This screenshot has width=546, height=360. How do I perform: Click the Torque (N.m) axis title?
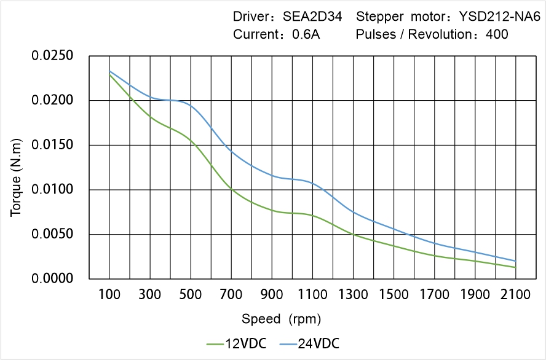(16, 167)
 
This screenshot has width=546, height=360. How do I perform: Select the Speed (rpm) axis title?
(281, 319)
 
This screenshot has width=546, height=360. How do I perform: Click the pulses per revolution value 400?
(497, 34)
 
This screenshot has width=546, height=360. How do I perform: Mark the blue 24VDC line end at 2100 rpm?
(515, 260)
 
